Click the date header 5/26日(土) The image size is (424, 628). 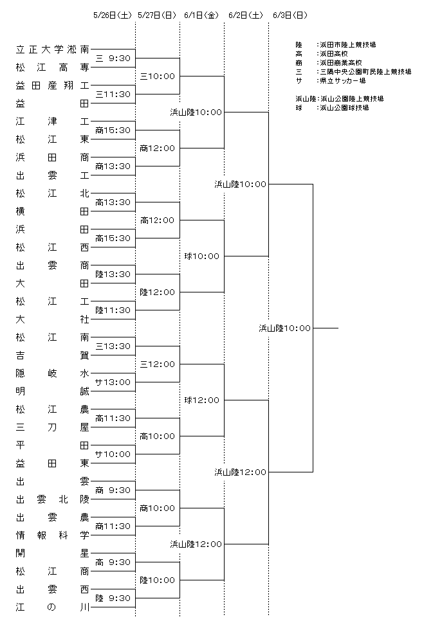coord(112,15)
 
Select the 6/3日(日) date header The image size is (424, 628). coord(290,15)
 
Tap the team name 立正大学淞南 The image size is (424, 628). coord(53,49)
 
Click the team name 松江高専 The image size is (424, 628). coord(53,67)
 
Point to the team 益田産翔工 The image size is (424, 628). coord(53,85)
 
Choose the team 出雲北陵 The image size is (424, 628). coord(53,499)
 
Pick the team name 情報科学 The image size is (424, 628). coord(53,535)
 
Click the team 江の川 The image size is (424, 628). coord(53,607)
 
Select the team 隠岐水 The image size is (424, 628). coord(53,373)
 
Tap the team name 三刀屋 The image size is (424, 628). coord(53,427)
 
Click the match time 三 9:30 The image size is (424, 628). coord(113,58)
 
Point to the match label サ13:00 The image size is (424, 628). coord(113,382)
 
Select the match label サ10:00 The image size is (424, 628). coord(113,454)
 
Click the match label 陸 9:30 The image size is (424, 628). coord(113,598)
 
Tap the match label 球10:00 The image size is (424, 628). coord(202,256)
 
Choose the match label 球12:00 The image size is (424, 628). coord(202,400)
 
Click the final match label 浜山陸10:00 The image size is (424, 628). coord(284,328)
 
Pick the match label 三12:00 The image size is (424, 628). coord(158,364)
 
